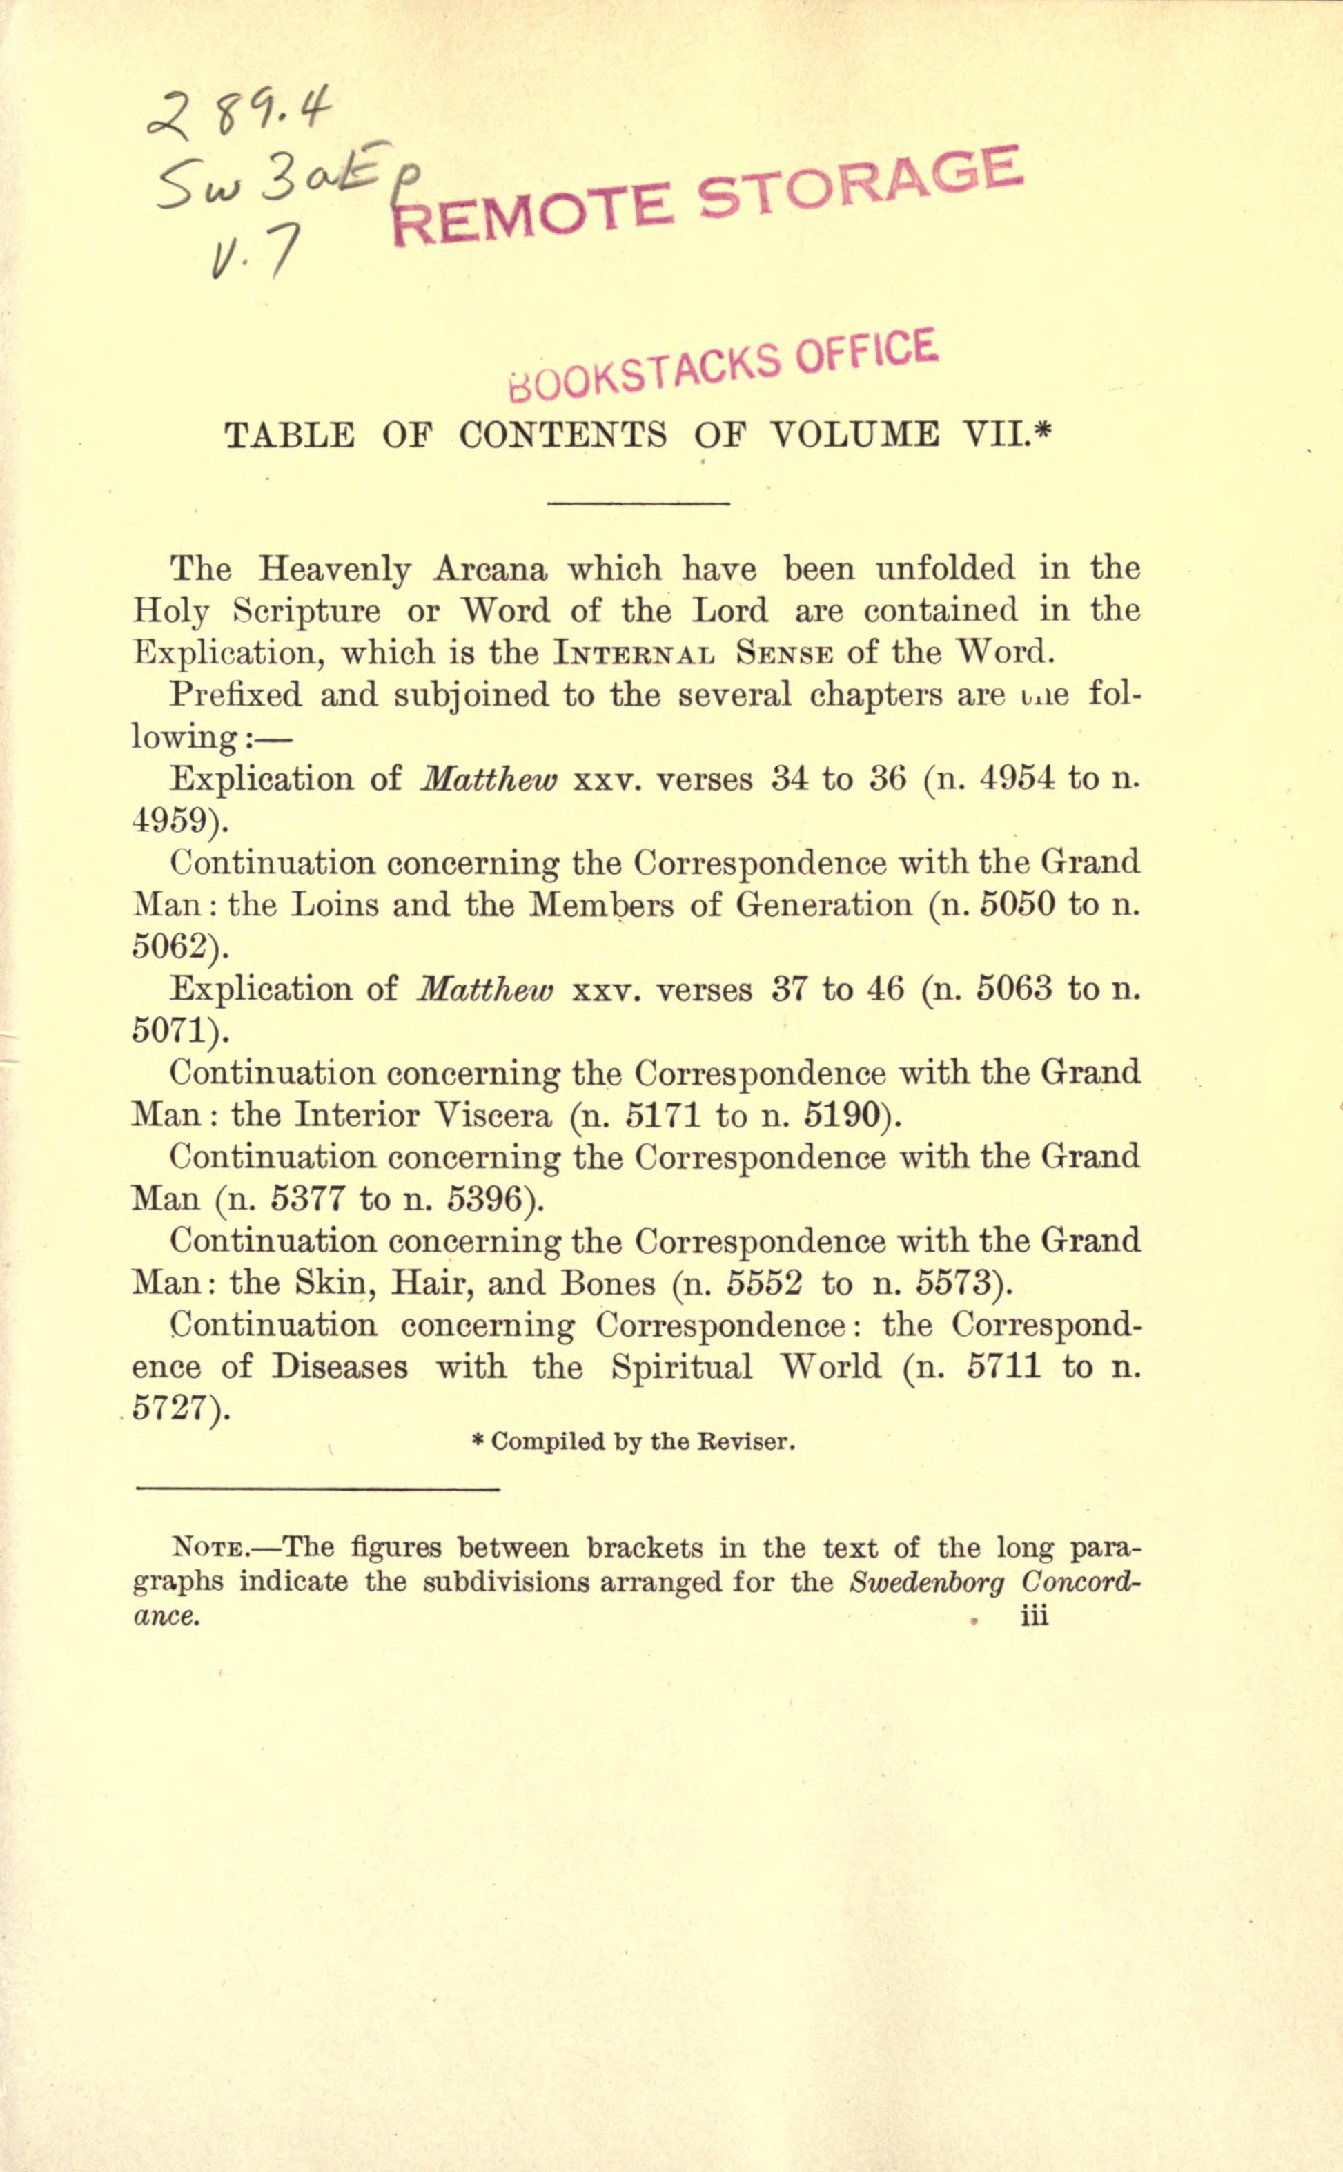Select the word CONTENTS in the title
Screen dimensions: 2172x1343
point(563,434)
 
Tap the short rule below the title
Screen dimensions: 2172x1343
point(638,505)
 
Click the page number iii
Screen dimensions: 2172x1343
point(1035,1616)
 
